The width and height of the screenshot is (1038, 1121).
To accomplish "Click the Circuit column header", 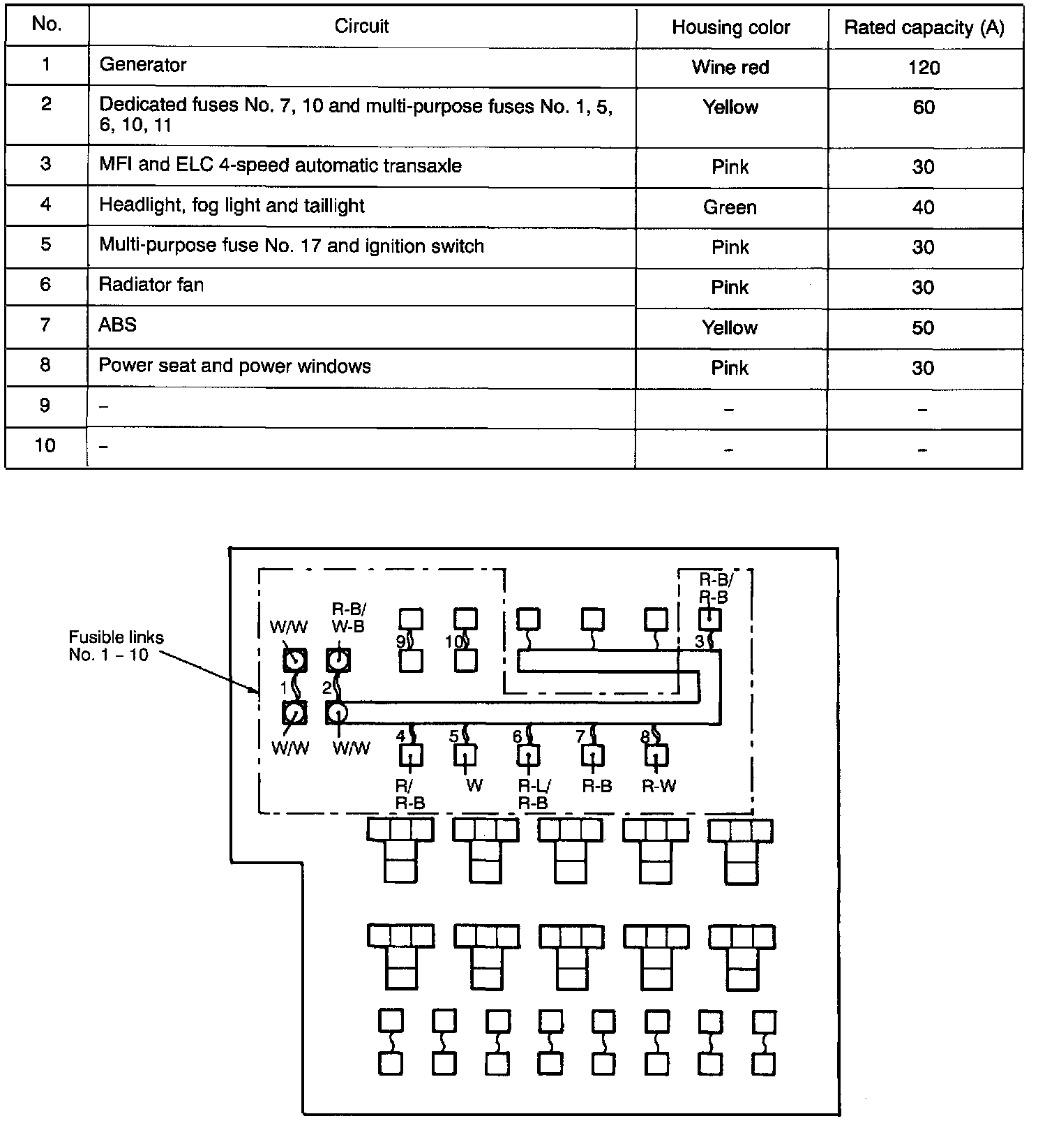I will pos(361,27).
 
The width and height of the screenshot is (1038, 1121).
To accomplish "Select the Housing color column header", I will pos(730,28).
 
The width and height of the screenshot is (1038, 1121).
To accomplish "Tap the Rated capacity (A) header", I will pos(924,28).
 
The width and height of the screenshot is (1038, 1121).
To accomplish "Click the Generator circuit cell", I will pos(143,65).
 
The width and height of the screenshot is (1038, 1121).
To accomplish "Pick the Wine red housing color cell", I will pos(730,68).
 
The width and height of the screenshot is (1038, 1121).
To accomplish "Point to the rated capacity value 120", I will pos(924,68).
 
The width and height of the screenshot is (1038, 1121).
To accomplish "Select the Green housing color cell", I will pos(730,207).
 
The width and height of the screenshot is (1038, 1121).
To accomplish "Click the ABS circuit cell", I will pos(118,325).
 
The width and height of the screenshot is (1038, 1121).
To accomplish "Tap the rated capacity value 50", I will pos(923,328).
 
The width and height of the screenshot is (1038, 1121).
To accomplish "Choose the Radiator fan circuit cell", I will pos(151,285).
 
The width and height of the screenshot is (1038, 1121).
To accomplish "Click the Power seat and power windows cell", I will pos(234,366).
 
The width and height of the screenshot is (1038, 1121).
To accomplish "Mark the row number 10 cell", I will pos(45,445).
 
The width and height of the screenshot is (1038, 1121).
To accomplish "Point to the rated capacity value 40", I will pos(923,207).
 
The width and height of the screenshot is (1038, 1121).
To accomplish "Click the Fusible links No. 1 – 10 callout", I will pos(116,646).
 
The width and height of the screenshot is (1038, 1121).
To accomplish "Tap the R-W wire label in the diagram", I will pos(659,786).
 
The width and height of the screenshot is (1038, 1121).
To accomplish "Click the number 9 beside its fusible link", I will pos(401,641).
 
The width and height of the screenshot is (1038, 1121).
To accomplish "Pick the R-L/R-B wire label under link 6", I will pos(534,794).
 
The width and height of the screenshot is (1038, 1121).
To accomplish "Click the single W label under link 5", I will pos(474,786).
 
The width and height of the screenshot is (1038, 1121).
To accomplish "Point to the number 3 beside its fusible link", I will pos(699,641).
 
